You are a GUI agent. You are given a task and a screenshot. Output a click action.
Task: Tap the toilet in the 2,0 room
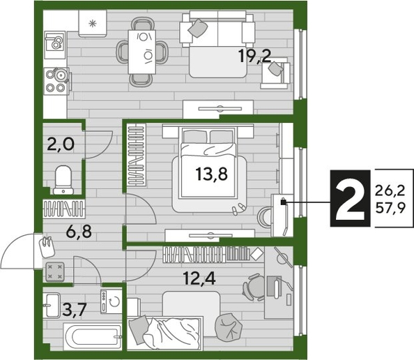[62, 179]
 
